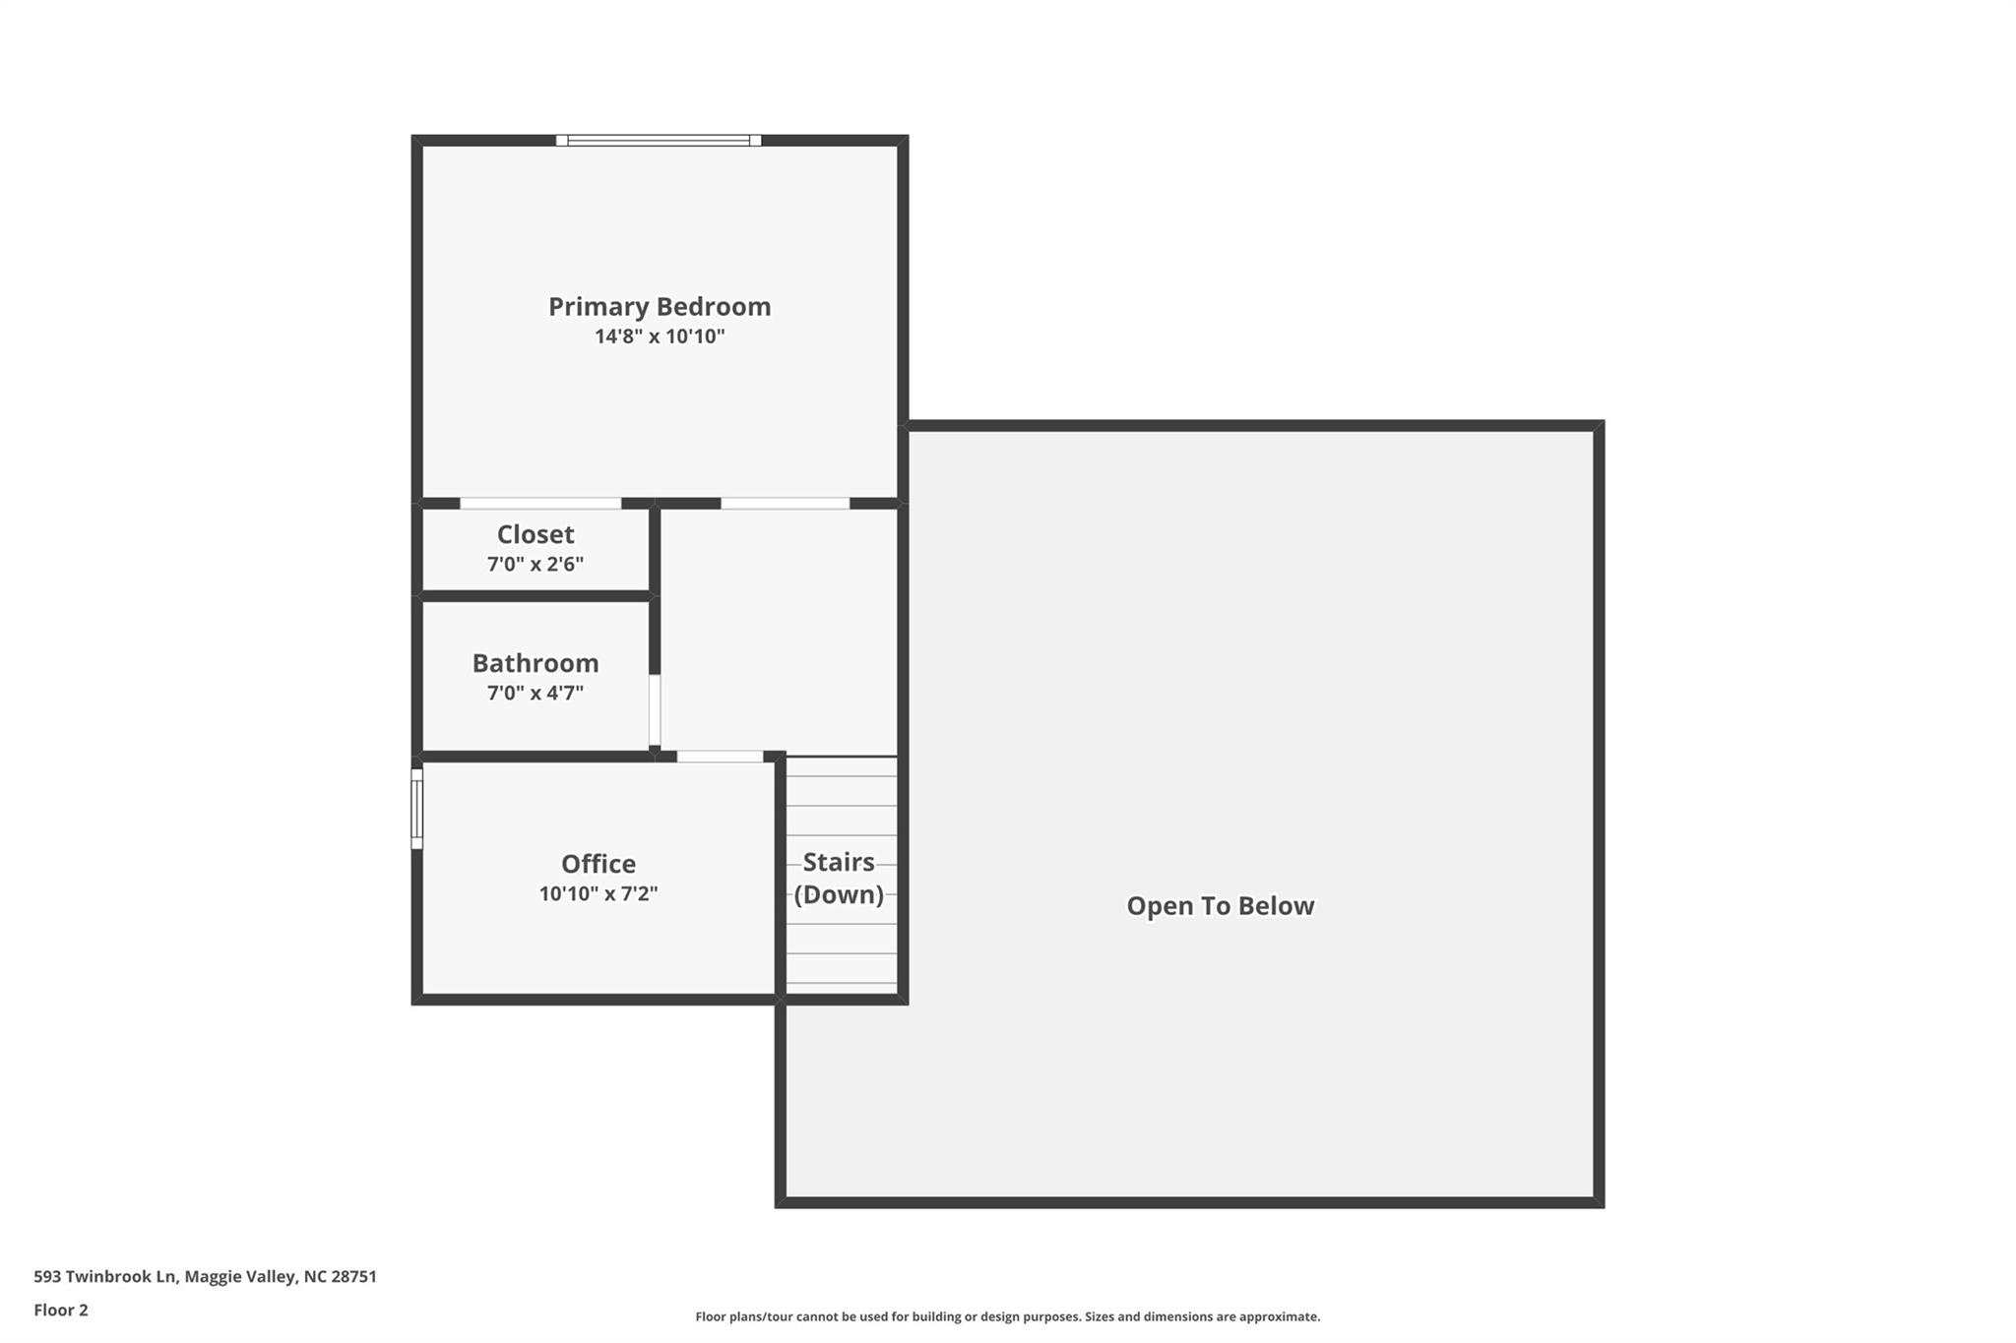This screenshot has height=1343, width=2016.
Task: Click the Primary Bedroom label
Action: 659,307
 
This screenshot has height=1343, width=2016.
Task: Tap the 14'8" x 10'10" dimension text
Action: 659,336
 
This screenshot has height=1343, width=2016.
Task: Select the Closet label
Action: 535,534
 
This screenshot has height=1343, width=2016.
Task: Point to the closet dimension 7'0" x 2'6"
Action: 535,565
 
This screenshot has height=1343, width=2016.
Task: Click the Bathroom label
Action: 535,663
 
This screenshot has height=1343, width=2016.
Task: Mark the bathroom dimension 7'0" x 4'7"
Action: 535,694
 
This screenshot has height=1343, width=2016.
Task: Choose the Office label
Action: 598,864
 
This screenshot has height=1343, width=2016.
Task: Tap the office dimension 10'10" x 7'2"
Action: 598,894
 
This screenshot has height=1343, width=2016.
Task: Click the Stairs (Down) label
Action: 839,879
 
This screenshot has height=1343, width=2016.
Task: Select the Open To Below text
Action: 1220,906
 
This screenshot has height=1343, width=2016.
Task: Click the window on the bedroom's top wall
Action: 658,141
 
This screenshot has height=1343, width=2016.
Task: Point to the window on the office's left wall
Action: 416,809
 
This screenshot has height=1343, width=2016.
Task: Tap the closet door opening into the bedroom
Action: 540,504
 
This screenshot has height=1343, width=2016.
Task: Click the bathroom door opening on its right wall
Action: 655,709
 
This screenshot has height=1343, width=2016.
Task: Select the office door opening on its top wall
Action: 720,757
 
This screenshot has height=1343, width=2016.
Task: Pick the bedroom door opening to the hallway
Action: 785,504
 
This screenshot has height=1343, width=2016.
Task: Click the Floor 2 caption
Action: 61,1311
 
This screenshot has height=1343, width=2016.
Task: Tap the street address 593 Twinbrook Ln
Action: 105,1277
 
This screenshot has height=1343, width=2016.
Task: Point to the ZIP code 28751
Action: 353,1277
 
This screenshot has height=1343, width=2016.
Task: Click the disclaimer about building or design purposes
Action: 1007,1316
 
